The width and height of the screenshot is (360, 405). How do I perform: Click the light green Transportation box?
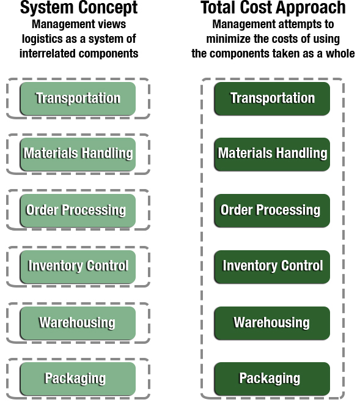tap(78, 98)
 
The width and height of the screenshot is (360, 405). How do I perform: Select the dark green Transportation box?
tap(272, 98)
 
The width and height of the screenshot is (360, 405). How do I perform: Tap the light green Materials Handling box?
tap(78, 154)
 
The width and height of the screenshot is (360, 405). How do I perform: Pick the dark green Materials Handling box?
tap(272, 154)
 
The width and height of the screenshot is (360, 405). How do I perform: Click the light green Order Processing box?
tap(78, 210)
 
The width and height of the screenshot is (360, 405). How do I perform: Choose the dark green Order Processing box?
tap(272, 210)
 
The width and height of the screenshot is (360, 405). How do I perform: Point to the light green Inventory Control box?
tap(78, 267)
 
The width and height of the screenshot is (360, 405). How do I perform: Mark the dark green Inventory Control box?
tap(272, 267)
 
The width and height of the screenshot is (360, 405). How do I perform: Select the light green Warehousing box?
tap(78, 323)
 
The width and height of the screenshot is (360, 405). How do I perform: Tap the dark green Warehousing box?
tap(272, 323)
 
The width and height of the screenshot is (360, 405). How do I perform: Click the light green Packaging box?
tap(78, 379)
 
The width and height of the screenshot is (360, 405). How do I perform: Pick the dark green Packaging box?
tap(272, 379)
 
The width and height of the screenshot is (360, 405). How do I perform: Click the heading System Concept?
tap(79, 8)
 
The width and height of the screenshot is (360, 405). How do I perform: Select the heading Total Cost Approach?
tap(273, 8)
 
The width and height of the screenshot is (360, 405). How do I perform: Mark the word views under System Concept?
tap(114, 24)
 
